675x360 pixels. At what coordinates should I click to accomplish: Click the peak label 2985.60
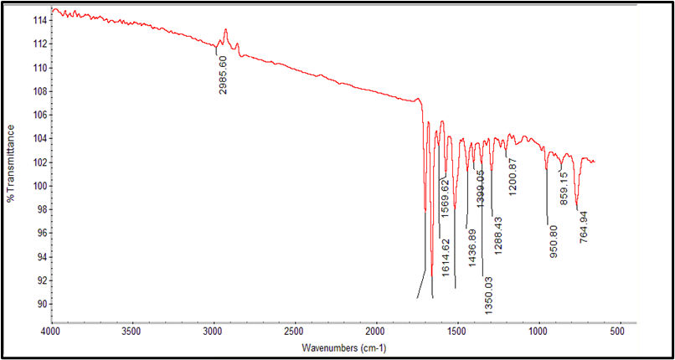tap(224, 75)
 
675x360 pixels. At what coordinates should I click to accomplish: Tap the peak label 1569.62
tap(446, 198)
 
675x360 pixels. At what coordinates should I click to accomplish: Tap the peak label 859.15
tap(564, 189)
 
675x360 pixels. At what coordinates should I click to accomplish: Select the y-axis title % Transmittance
tap(11, 163)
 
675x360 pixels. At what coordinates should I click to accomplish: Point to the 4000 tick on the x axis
tap(51, 332)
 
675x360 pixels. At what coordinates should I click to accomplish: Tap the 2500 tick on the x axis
tap(294, 332)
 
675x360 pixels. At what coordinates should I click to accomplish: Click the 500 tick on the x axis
tap(618, 332)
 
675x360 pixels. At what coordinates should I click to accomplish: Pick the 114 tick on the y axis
tap(38, 20)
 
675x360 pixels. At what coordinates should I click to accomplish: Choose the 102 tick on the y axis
tap(38, 162)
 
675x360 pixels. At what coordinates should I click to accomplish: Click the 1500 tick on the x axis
tap(456, 332)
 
